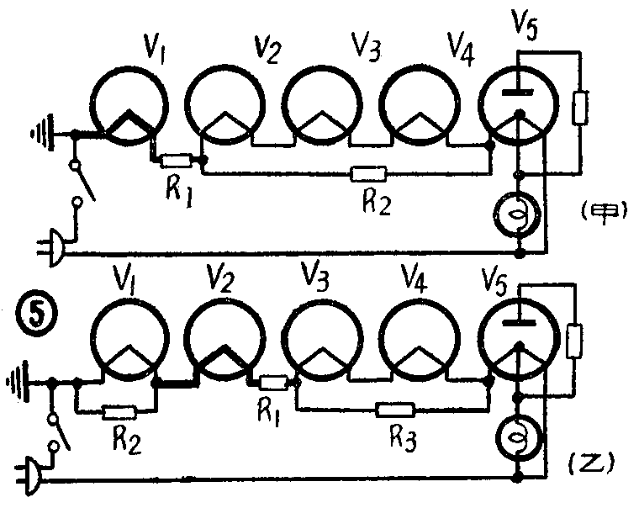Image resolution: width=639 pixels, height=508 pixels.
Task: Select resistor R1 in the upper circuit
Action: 177,160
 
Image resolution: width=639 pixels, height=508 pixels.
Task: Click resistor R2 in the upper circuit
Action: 368,174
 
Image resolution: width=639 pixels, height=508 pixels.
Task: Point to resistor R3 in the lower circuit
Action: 394,410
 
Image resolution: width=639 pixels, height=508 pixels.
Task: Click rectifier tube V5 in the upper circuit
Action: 519,99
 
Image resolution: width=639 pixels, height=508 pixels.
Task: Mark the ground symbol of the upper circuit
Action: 39,133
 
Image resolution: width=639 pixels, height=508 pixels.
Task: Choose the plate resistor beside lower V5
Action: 576,341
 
